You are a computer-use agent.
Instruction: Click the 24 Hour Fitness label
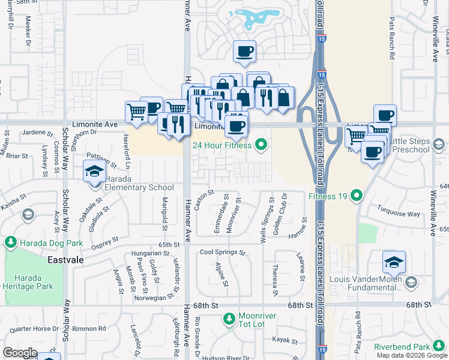(222, 145)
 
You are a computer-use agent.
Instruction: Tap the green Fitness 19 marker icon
(357, 195)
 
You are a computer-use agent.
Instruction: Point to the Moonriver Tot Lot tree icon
(228, 319)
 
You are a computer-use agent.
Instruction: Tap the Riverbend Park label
(402, 347)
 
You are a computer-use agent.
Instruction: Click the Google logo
(20, 353)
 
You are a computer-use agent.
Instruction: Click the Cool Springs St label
(223, 253)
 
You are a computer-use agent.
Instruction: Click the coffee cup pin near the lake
(244, 52)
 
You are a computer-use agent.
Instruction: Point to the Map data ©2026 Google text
(412, 355)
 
